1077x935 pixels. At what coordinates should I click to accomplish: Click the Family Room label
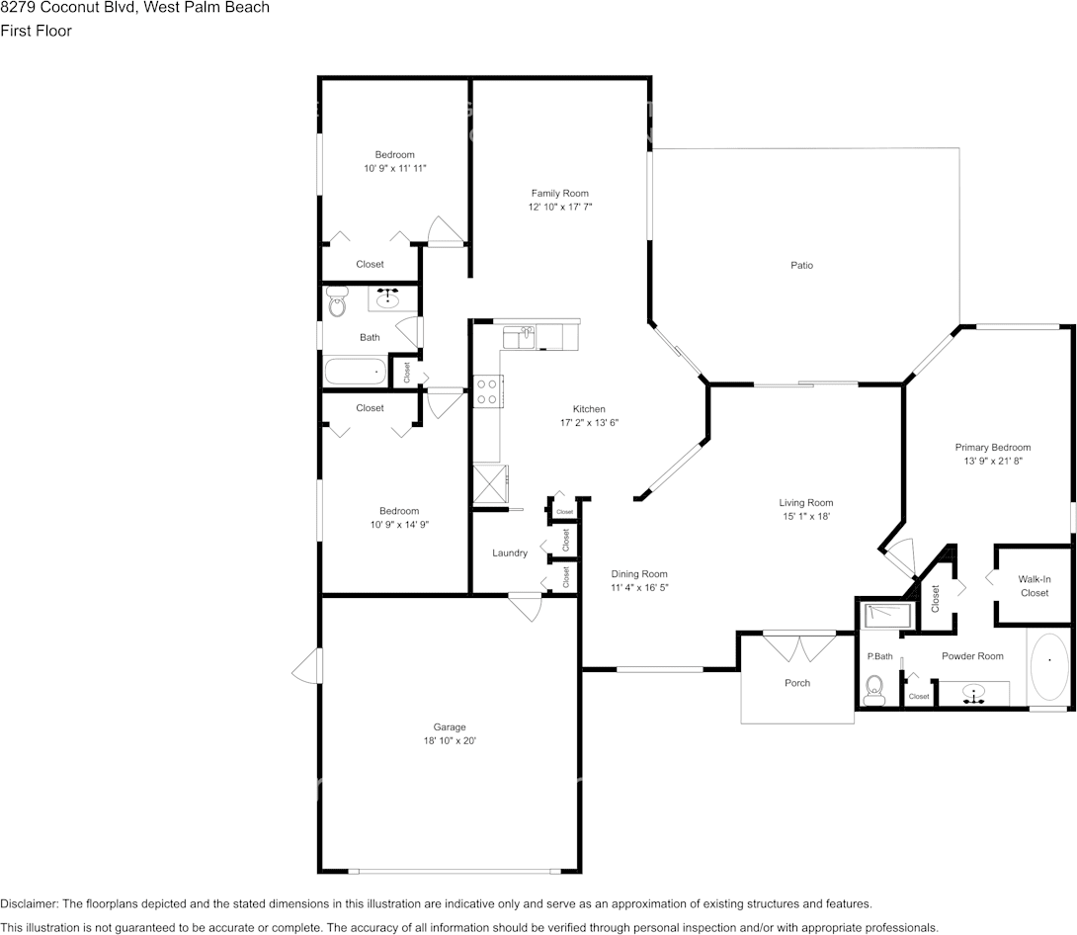coord(559,193)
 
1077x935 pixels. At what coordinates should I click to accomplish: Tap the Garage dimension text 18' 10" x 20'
coord(449,740)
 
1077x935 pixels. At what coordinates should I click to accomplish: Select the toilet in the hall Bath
coord(336,303)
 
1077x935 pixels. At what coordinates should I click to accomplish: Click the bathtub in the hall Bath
coord(355,373)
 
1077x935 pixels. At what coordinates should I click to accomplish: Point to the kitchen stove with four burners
coord(486,391)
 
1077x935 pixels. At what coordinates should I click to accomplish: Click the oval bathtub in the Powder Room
coord(1048,667)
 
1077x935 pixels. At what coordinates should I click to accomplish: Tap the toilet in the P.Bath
coord(873,690)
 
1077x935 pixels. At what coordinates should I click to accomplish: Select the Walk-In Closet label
coord(1035,586)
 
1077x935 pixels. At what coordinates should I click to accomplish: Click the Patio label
coord(801,265)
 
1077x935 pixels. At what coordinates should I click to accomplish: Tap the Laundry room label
coord(510,552)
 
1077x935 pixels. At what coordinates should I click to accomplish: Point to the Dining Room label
coord(639,573)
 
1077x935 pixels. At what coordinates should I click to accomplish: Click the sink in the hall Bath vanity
coord(387,296)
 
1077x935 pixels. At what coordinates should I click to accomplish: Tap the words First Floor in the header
coord(36,31)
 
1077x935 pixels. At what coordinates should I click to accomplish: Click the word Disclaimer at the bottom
coord(29,903)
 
